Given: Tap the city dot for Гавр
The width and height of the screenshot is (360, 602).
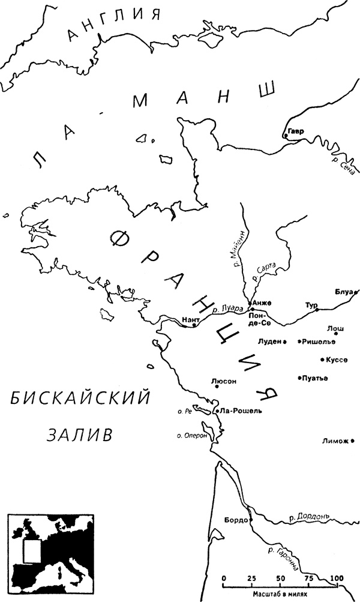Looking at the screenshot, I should pos(286,136).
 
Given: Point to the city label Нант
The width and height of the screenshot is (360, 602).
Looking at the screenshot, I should pos(190,320).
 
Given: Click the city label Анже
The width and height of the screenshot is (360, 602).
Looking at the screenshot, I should pos(262,303).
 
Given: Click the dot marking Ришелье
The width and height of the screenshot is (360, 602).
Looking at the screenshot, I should pos(299,342).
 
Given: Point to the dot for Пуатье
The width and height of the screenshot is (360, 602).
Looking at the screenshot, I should pos(299,378).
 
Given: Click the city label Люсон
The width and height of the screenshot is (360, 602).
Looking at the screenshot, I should pos(221,381).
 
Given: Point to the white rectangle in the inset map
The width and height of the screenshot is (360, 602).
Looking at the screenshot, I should pos(28,551).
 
